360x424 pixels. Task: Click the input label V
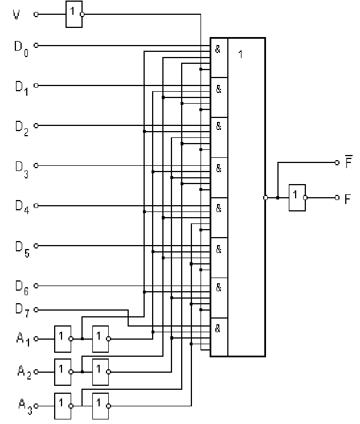pos(16,14)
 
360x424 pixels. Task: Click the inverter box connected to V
pos(72,14)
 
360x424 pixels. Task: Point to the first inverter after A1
pos(61,339)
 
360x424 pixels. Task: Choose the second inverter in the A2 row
pos(100,372)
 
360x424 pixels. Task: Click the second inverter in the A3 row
pos(100,404)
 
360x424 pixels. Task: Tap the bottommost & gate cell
pos(219,336)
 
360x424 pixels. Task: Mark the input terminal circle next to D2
pos(36,126)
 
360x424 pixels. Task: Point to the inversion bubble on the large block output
pos(266,198)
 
